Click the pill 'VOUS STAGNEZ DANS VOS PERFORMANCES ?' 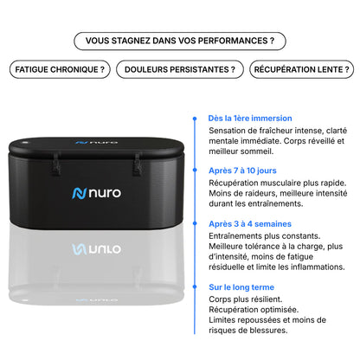[179, 40]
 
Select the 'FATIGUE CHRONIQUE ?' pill [60, 69]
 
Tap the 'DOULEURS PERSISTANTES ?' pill [180, 69]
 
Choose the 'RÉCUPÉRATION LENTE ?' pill [301, 69]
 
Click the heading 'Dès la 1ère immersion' [250, 118]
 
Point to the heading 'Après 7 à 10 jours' [243, 170]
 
